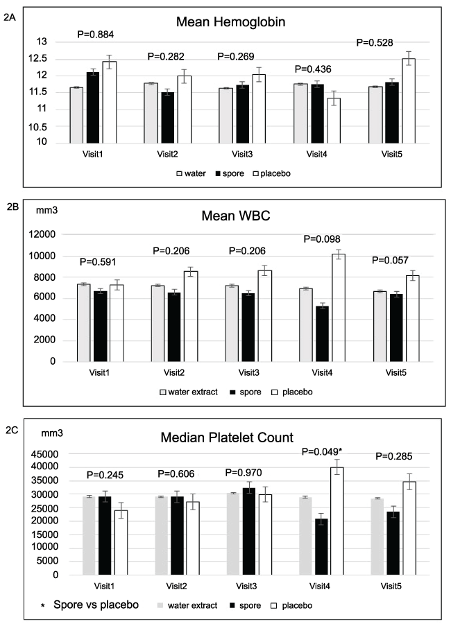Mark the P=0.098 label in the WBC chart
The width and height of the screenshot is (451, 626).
[317, 238]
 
